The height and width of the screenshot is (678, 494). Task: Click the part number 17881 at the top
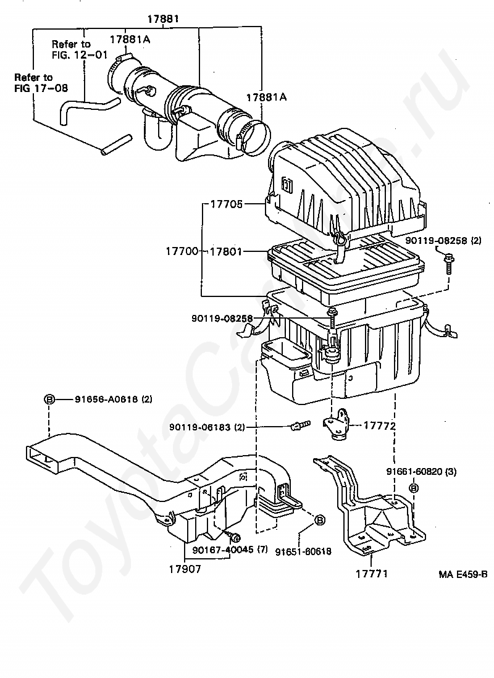click(x=162, y=19)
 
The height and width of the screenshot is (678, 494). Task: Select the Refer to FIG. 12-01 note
click(x=71, y=49)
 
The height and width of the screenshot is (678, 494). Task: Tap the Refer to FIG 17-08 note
click(x=35, y=82)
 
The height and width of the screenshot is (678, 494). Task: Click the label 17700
click(x=182, y=251)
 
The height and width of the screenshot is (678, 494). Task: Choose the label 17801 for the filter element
click(x=226, y=251)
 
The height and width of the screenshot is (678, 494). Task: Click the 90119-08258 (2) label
click(x=443, y=240)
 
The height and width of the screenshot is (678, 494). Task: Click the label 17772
click(x=379, y=426)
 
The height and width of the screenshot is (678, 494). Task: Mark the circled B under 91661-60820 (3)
click(x=414, y=488)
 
